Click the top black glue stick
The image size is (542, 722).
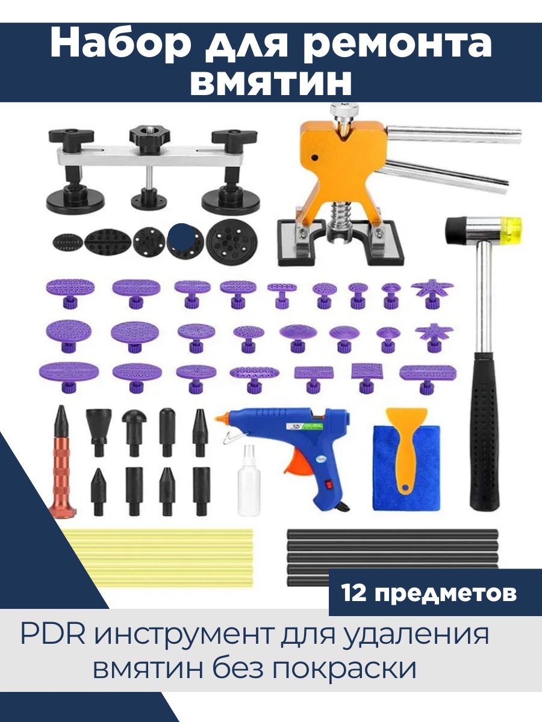[392, 543]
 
